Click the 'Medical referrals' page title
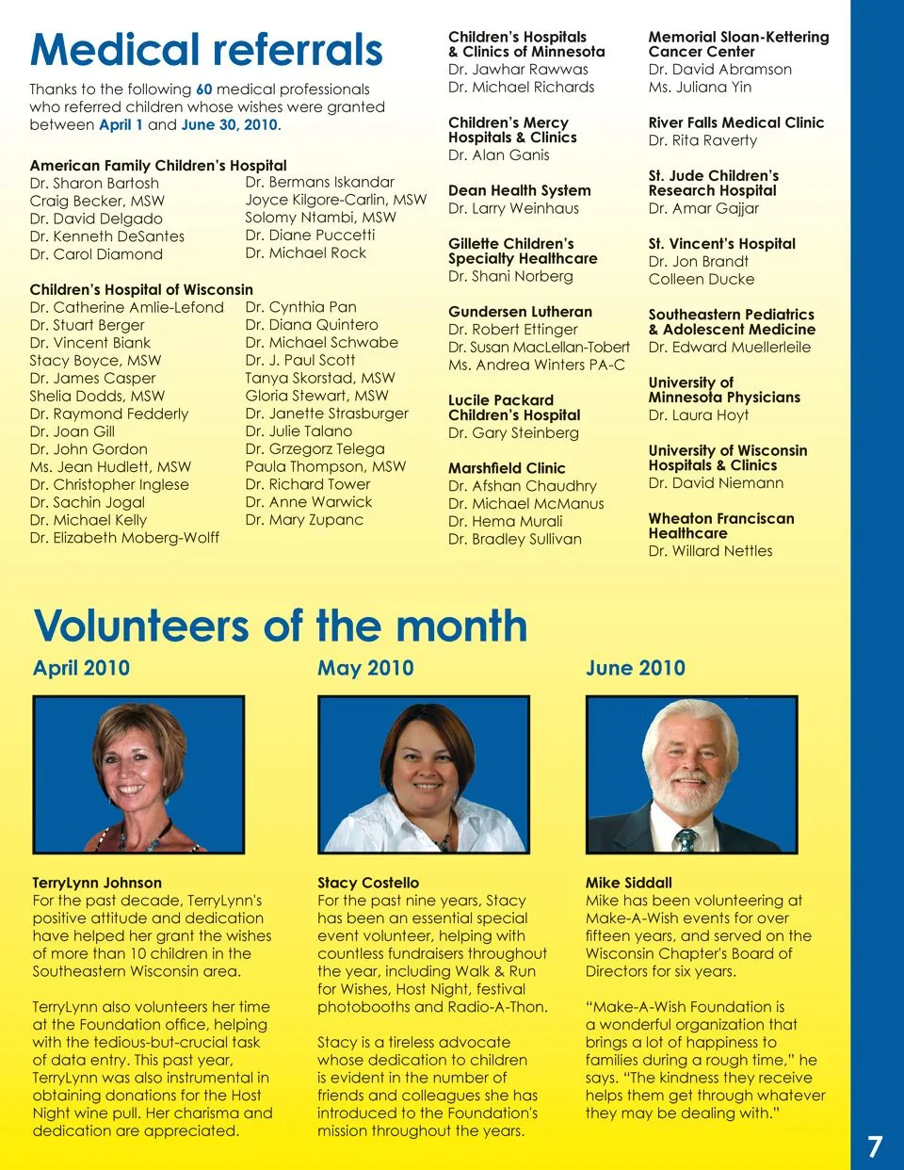(206, 50)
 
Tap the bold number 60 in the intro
(203, 89)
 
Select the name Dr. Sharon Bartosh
(94, 183)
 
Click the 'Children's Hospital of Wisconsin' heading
(141, 289)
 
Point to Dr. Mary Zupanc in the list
(303, 520)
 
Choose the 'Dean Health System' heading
(519, 190)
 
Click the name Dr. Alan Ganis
(498, 155)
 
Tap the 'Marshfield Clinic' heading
(507, 468)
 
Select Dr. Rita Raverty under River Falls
(702, 140)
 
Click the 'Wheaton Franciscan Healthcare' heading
(720, 526)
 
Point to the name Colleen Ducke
(701, 280)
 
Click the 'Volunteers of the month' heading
(280, 626)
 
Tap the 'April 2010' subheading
(81, 668)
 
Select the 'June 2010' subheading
(635, 668)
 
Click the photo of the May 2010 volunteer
(422, 774)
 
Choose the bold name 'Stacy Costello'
(368, 883)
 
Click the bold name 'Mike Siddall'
(628, 883)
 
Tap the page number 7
(875, 1146)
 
